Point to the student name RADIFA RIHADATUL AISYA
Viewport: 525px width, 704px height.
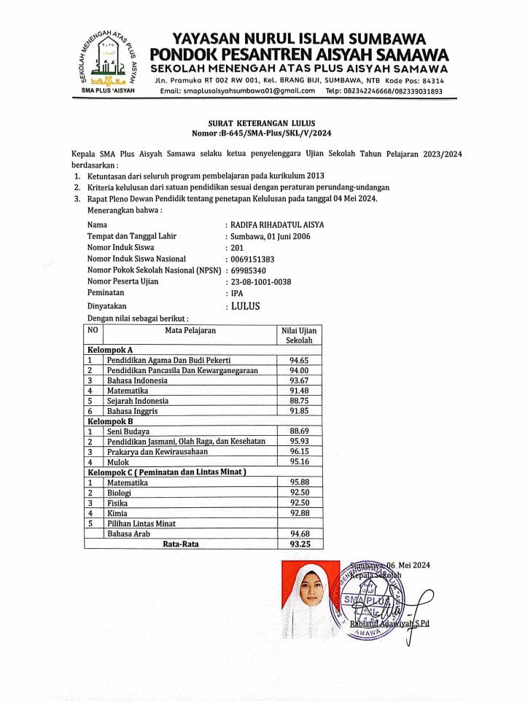277,225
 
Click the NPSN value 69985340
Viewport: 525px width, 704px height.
251,270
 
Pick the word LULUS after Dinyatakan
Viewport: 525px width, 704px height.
245,306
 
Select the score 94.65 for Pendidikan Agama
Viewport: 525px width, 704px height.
299,360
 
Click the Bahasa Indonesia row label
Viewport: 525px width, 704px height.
137,380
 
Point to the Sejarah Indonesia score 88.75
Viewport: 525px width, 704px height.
299,401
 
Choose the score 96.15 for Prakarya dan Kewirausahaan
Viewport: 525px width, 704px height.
299,451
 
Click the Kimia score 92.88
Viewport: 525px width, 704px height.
299,513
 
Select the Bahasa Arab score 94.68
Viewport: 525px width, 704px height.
299,533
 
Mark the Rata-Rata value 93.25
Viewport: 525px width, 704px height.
299,544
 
